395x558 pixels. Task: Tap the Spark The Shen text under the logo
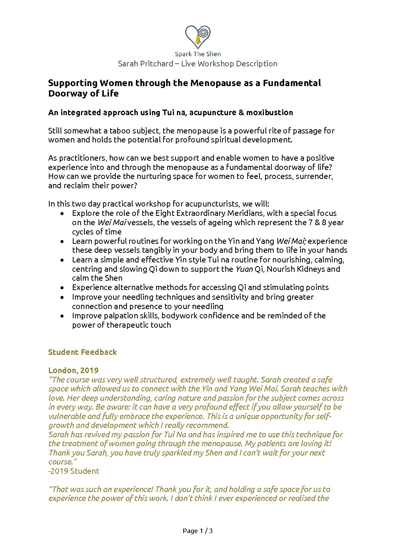[x=197, y=54]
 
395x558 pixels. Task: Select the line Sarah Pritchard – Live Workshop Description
[x=197, y=64]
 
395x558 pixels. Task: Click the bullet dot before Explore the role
[x=62, y=214]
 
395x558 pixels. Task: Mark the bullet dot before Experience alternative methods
[x=62, y=288]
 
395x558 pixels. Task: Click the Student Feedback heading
[x=83, y=352]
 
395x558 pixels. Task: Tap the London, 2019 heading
[x=73, y=371]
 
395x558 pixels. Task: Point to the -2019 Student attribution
[x=74, y=471]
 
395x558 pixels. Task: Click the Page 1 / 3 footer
[x=197, y=531]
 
